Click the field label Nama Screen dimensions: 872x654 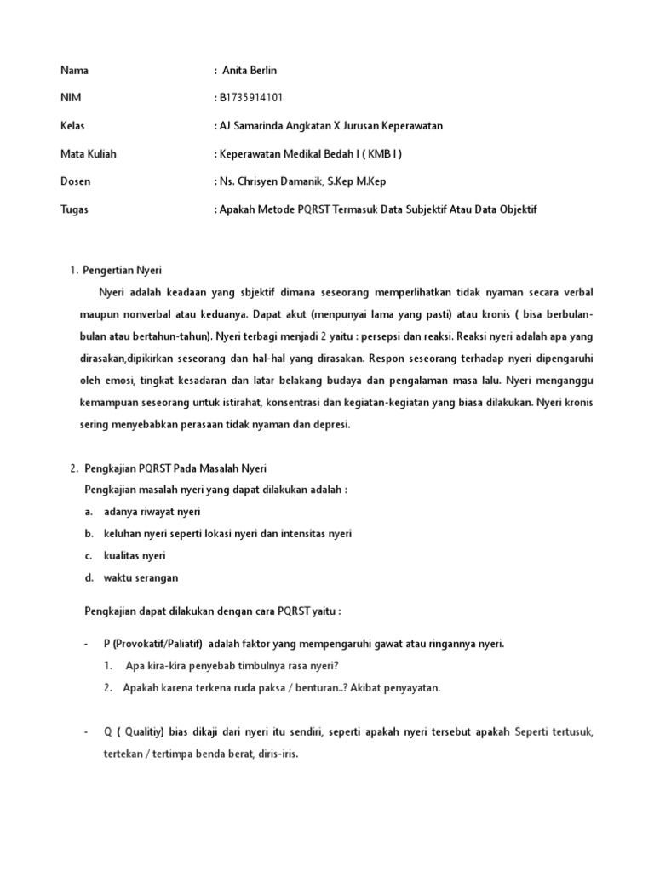74,71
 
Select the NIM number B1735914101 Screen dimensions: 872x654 250,98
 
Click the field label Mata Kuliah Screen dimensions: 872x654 88,154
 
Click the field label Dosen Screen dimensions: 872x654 76,181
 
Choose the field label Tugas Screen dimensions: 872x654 74,209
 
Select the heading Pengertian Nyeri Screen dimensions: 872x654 124,270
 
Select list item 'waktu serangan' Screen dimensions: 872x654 141,577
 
